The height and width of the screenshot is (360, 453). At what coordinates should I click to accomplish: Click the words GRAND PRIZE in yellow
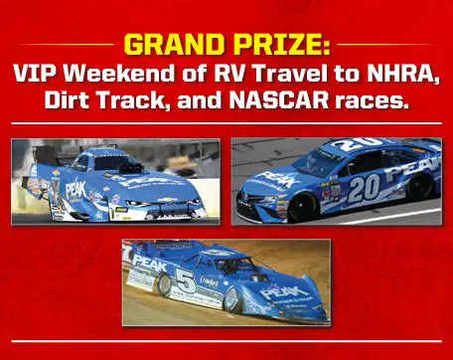coord(226,46)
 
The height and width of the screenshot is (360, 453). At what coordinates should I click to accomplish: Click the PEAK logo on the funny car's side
coord(75,188)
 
